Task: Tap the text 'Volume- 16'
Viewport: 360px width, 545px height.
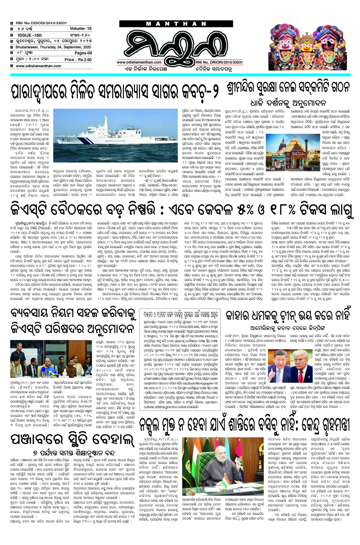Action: (81, 28)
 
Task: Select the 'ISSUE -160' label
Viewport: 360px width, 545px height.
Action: (29, 35)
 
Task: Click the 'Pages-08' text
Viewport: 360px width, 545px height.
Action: (83, 53)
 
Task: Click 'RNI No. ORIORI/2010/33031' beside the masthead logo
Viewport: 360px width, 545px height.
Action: (219, 62)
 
